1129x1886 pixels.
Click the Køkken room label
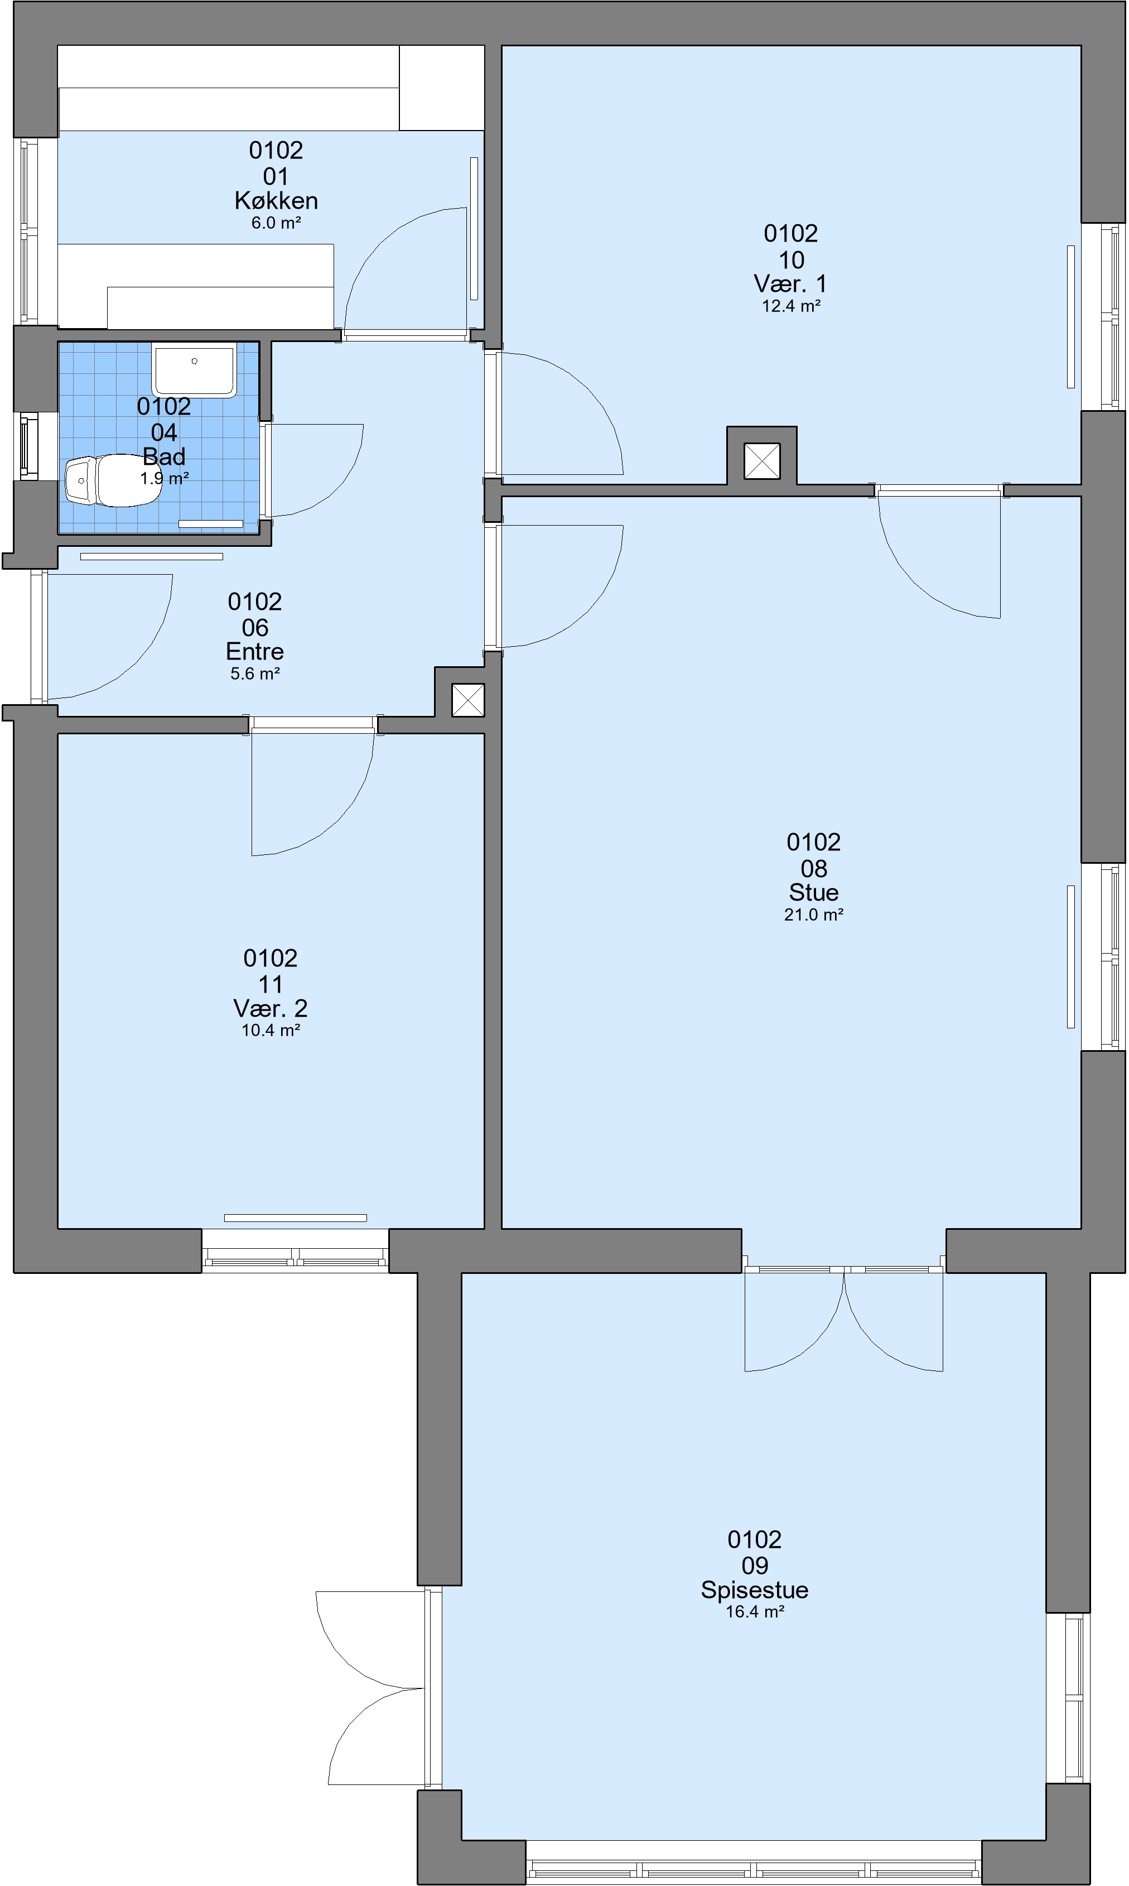click(276, 201)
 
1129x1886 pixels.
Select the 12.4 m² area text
click(791, 306)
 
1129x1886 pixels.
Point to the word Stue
click(814, 892)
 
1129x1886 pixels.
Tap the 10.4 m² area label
click(271, 1030)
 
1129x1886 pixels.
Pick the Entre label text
click(255, 651)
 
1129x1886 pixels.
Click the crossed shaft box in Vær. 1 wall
click(761, 461)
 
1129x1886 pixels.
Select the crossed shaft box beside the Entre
click(468, 700)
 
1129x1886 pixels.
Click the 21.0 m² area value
click(814, 915)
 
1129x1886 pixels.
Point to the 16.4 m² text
click(755, 1611)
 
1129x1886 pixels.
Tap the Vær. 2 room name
click(271, 1008)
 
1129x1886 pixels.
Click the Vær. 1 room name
click(790, 284)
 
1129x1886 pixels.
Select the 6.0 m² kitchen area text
click(276, 223)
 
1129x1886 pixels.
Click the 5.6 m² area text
click(255, 673)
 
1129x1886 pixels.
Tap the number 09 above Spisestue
click(755, 1565)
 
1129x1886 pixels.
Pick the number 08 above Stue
click(814, 868)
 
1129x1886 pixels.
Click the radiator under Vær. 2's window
click(295, 1218)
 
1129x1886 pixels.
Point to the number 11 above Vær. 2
click(271, 984)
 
